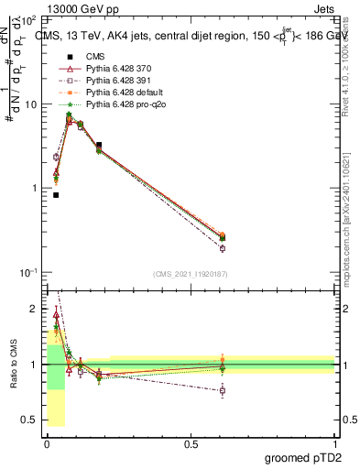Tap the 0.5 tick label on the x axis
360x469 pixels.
pyautogui.click(x=191, y=443)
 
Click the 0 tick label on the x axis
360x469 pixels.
pyautogui.click(x=47, y=443)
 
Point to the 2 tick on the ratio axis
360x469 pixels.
pyautogui.click(x=36, y=309)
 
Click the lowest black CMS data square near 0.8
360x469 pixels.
pyautogui.click(x=56, y=195)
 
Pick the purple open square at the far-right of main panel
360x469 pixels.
pyautogui.click(x=222, y=248)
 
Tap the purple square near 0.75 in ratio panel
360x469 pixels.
pyautogui.click(x=222, y=390)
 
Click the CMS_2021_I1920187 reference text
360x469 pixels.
pyautogui.click(x=189, y=274)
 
